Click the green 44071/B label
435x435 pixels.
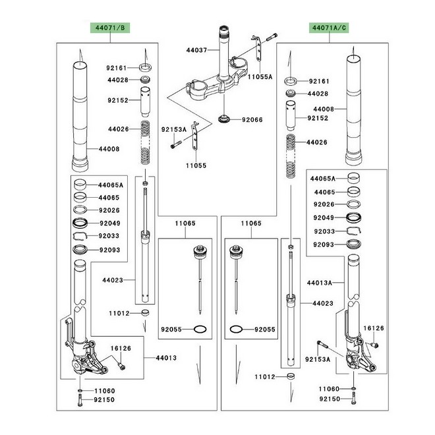click(110, 28)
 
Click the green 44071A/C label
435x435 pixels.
click(330, 28)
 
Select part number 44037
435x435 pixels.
click(196, 50)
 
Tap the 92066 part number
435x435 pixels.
click(252, 120)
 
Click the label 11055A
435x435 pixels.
click(260, 77)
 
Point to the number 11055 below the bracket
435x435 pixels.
click(196, 165)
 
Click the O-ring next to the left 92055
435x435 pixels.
click(200, 330)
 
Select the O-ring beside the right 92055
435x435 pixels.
click(237, 330)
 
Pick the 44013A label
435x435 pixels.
click(320, 283)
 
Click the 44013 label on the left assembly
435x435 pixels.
click(166, 358)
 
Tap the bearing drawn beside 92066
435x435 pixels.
click(224, 119)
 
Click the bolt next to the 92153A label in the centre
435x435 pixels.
click(176, 144)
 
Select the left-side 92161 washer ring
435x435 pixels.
click(146, 67)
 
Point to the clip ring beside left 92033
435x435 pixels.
click(80, 235)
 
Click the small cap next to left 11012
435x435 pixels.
click(145, 312)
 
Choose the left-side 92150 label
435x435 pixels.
click(104, 400)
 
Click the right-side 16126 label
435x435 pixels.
click(374, 328)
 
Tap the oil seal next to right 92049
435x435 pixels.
click(354, 217)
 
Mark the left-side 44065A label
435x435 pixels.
click(111, 185)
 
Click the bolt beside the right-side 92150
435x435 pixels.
click(354, 398)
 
